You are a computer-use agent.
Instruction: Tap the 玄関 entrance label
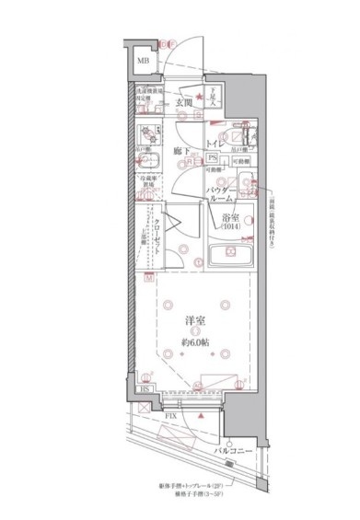(x=185, y=104)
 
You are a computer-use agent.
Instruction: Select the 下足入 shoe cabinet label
(x=209, y=96)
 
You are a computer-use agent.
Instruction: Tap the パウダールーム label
(x=225, y=192)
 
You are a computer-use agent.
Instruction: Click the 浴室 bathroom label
(x=230, y=218)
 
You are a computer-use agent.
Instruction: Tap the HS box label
(x=145, y=389)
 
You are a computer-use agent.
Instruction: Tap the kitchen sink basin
(x=150, y=161)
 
